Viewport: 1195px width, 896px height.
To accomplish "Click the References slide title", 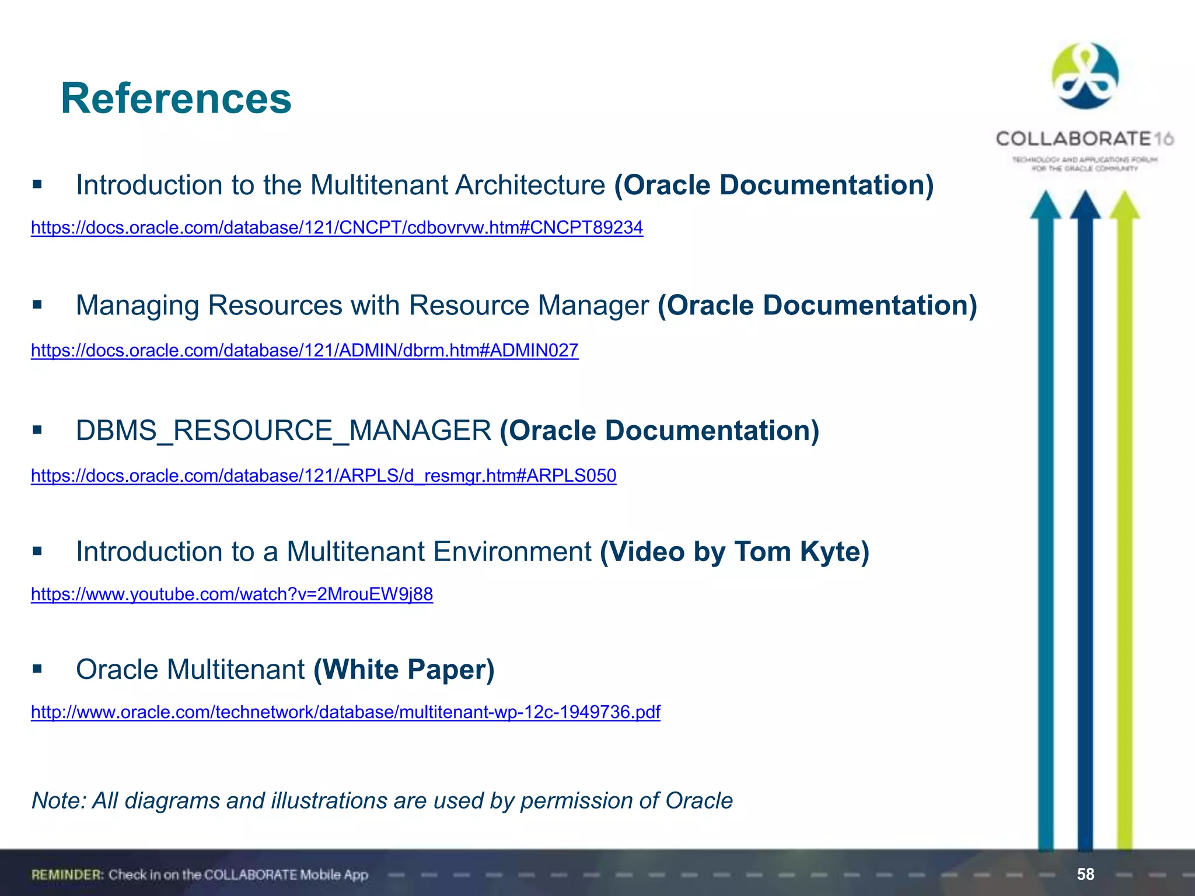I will (x=176, y=98).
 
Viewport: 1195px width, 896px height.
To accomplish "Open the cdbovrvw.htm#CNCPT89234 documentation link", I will (x=337, y=228).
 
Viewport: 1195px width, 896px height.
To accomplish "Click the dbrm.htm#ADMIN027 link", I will (x=304, y=350).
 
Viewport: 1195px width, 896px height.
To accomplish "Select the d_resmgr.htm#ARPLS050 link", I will (x=323, y=475).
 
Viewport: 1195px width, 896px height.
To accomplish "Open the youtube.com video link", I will (x=232, y=594).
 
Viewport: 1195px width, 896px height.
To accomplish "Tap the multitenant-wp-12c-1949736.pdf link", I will (x=345, y=712).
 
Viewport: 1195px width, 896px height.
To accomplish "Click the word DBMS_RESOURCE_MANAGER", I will (x=284, y=430).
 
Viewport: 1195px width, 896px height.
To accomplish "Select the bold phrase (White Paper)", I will (x=404, y=669).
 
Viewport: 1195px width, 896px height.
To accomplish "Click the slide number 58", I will (x=1085, y=874).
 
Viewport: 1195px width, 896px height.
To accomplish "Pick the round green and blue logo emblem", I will (x=1085, y=76).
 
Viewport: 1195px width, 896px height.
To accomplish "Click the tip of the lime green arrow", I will (x=1124, y=198).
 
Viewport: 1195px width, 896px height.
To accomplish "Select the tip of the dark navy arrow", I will (x=1085, y=198).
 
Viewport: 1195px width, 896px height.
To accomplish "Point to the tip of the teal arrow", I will (x=1046, y=198).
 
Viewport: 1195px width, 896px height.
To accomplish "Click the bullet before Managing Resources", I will (x=38, y=304).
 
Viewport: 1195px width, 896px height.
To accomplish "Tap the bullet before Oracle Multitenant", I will (x=38, y=668).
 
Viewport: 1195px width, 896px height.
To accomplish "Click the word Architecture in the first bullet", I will (x=530, y=185).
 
